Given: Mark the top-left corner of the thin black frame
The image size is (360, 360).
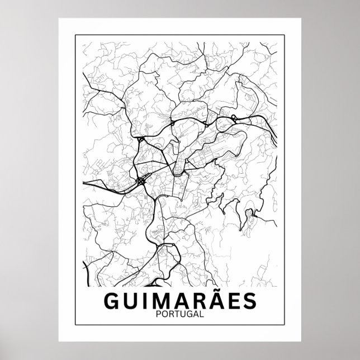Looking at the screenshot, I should pos(75,35).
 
